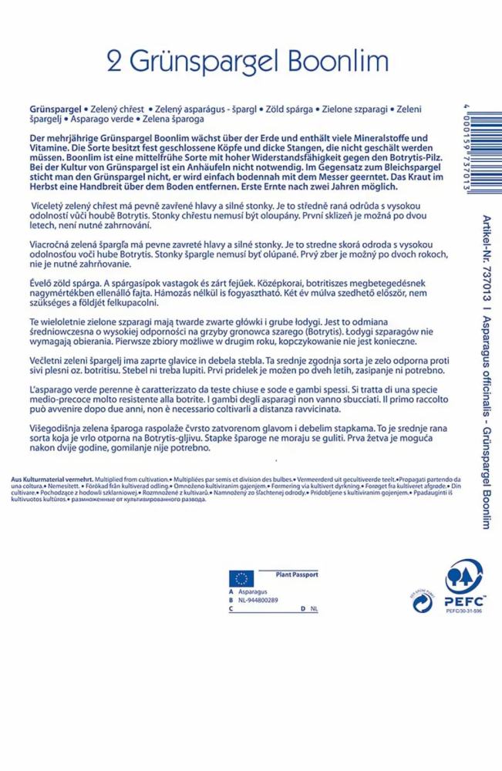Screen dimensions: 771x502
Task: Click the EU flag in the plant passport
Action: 241,578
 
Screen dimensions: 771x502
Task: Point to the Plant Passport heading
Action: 298,574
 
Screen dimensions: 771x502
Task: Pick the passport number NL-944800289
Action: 258,600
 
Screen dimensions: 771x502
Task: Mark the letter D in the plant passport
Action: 302,608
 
